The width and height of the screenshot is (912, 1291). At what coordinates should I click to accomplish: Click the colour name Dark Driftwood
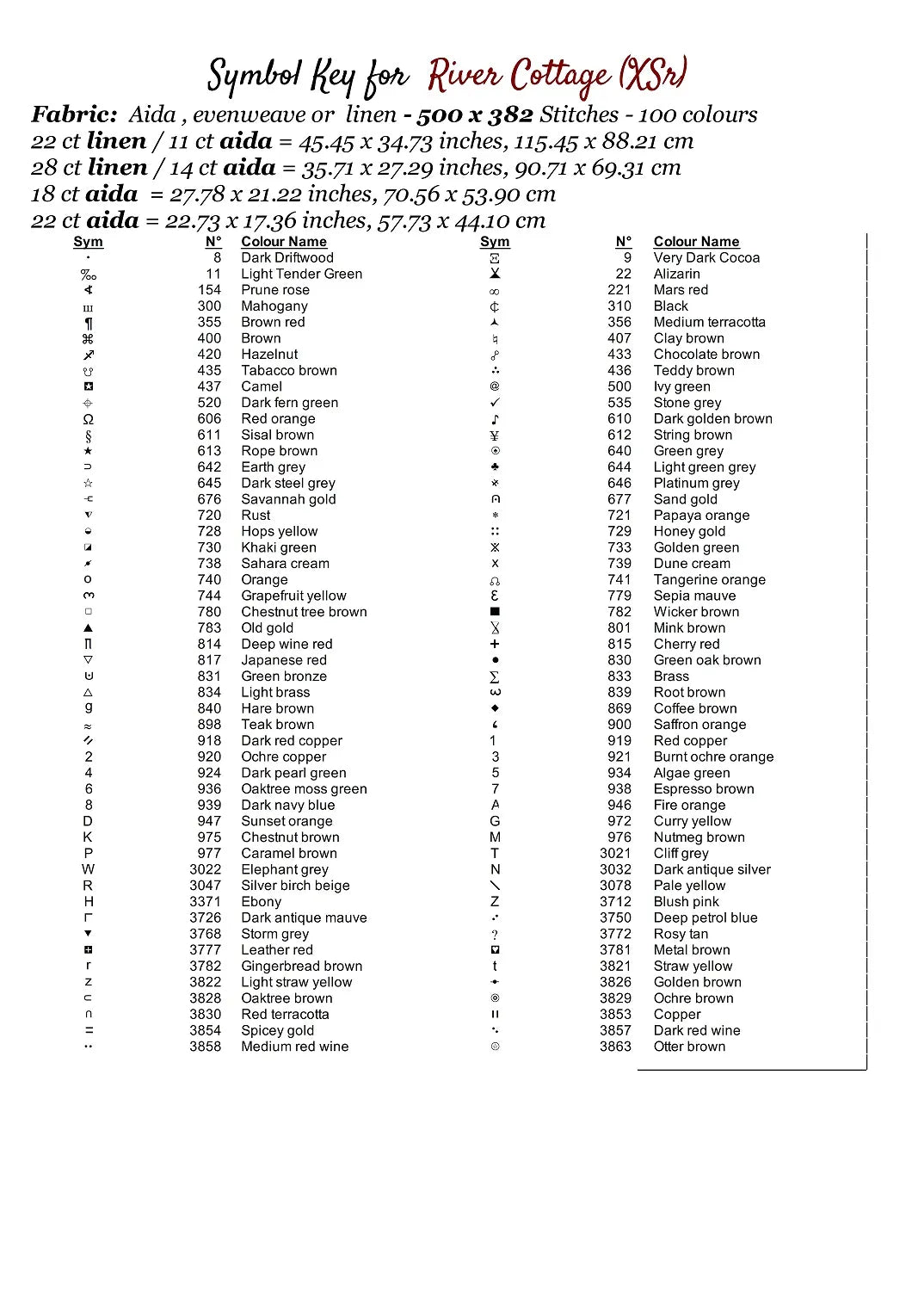pyautogui.click(x=287, y=257)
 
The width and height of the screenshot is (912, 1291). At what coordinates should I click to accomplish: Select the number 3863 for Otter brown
pyautogui.click(x=615, y=1047)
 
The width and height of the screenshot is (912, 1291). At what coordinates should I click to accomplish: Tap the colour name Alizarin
pyautogui.click(x=676, y=274)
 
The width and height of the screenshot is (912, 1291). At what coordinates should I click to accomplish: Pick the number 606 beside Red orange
pyautogui.click(x=209, y=419)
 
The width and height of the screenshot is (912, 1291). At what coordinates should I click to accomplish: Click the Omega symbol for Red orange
pyautogui.click(x=88, y=419)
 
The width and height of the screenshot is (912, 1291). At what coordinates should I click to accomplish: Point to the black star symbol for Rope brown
pyautogui.click(x=88, y=451)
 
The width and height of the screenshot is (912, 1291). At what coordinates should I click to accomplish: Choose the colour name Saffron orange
pyautogui.click(x=699, y=725)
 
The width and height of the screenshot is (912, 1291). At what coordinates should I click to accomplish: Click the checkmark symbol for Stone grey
pyautogui.click(x=495, y=403)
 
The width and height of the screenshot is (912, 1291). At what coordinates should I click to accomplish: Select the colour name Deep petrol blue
pyautogui.click(x=706, y=917)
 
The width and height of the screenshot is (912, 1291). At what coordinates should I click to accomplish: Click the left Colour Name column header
pyautogui.click(x=284, y=242)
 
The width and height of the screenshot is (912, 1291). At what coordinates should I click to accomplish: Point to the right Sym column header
pyautogui.click(x=495, y=242)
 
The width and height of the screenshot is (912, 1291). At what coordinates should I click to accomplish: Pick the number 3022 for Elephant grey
pyautogui.click(x=206, y=869)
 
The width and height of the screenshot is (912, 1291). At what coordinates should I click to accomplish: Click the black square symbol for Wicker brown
pyautogui.click(x=495, y=612)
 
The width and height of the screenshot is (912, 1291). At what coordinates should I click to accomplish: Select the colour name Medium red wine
pyautogui.click(x=294, y=1047)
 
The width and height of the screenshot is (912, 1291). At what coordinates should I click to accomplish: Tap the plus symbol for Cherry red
pyautogui.click(x=495, y=644)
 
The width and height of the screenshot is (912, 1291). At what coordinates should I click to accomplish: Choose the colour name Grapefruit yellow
pyautogui.click(x=293, y=596)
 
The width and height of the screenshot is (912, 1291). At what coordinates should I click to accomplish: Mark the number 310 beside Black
pyautogui.click(x=619, y=306)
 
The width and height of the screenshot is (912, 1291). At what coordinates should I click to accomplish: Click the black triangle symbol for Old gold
pyautogui.click(x=88, y=628)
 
